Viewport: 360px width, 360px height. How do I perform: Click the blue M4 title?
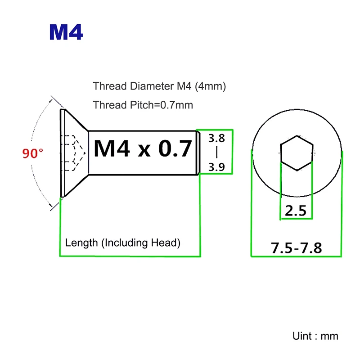pos(66,32)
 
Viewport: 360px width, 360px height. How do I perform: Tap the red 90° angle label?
pos(33,153)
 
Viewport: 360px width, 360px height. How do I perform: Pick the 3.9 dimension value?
pos(216,168)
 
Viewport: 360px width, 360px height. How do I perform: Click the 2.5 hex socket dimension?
pos(296,211)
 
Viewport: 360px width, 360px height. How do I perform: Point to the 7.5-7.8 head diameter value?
pos(296,247)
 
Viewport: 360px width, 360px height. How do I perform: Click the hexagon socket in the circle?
pos(296,153)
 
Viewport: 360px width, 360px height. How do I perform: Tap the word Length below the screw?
pos(81,243)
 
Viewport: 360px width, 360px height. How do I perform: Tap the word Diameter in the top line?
pos(142,86)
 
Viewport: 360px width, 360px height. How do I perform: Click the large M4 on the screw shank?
pos(112,148)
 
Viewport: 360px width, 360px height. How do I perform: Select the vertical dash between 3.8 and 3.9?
pos(216,153)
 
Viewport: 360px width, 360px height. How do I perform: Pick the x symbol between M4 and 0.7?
pos(144,150)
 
